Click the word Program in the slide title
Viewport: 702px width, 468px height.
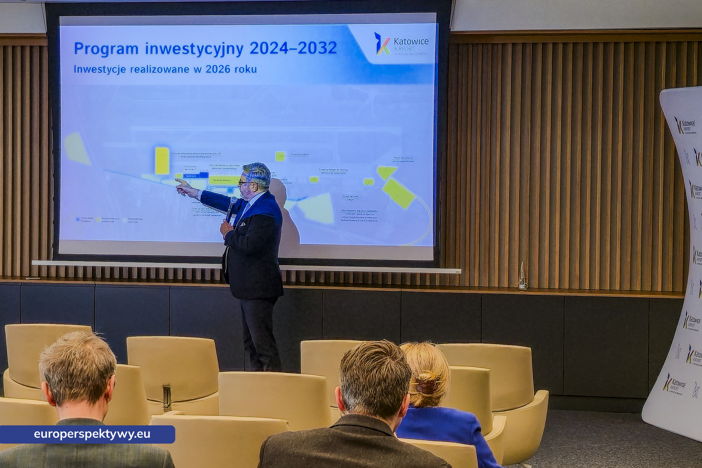106,49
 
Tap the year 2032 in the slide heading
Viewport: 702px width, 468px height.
318,48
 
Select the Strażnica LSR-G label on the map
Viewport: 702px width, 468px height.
300,155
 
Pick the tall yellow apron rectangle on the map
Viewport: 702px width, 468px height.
162,160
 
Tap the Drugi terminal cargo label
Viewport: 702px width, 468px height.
351,197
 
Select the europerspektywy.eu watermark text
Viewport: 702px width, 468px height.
92,434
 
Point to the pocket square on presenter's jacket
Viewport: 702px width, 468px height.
243,224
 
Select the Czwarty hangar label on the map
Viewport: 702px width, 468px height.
333,171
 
